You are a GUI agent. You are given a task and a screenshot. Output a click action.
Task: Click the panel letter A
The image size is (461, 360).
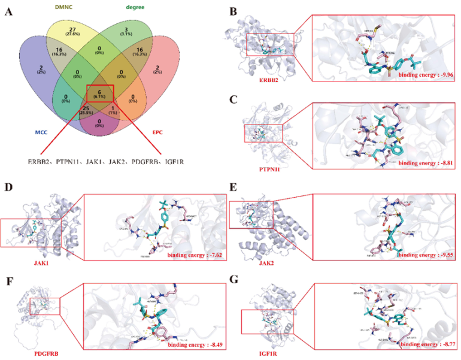pyautogui.click(x=10, y=11)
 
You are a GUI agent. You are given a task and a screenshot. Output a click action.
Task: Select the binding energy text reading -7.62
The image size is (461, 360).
pyautogui.click(x=193, y=255)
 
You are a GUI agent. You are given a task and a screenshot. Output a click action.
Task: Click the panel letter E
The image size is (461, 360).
pyautogui.click(x=233, y=188)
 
